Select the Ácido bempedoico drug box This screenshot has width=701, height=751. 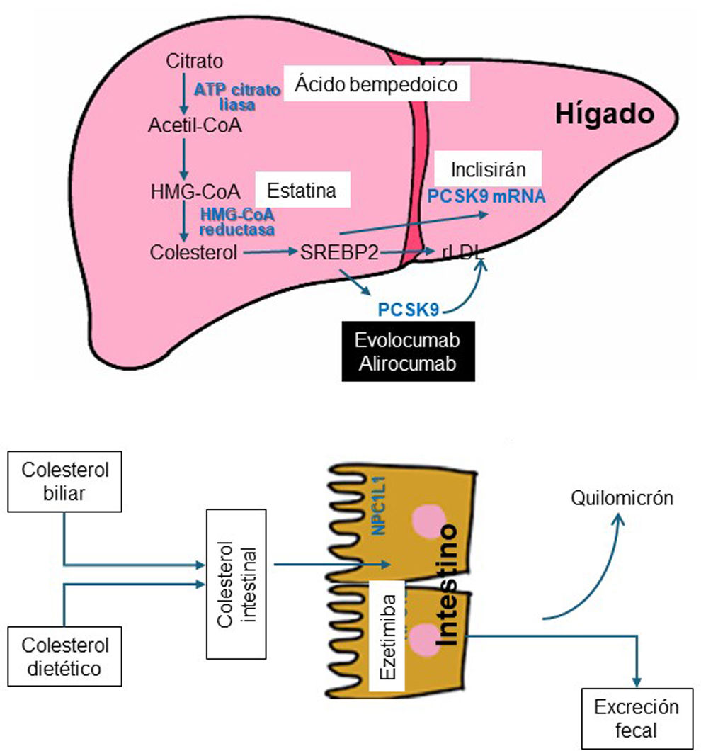[x=377, y=85]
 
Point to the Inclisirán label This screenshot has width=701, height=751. [x=488, y=171]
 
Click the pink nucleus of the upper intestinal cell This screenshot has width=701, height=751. [x=426, y=519]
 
